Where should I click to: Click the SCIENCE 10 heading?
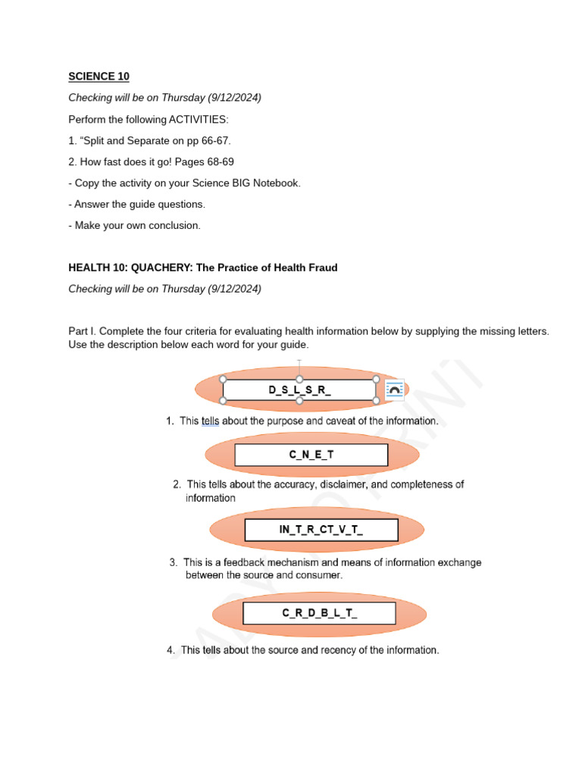pos(99,77)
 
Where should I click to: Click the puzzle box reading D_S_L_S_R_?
pos(299,390)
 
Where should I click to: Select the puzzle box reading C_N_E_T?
pos(311,455)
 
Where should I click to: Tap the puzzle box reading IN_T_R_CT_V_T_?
pos(321,530)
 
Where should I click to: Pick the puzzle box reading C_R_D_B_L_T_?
pos(319,613)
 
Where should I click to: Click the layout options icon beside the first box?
pos(395,390)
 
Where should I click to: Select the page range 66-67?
pos(215,140)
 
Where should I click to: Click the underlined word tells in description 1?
pos(210,421)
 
